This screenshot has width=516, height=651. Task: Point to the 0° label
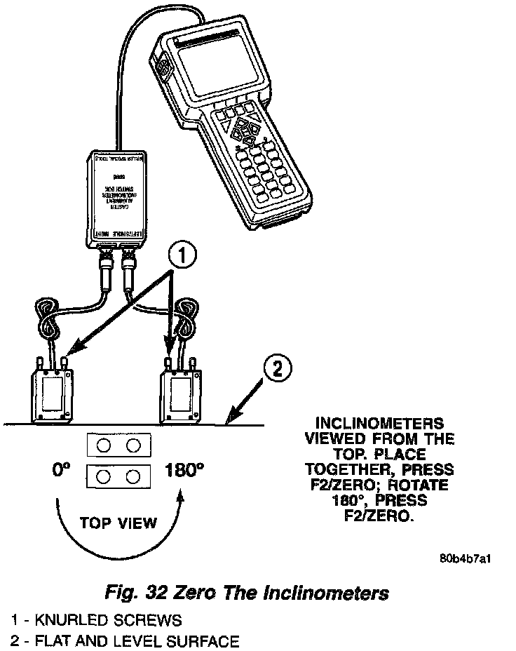click(x=62, y=471)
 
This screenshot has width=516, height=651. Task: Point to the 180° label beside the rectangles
click(x=184, y=471)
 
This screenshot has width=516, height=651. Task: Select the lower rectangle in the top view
click(x=118, y=477)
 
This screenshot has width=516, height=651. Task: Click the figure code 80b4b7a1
click(x=466, y=559)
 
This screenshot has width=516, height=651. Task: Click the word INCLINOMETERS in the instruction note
click(x=379, y=424)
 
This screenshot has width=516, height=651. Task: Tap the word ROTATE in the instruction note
click(x=421, y=485)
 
